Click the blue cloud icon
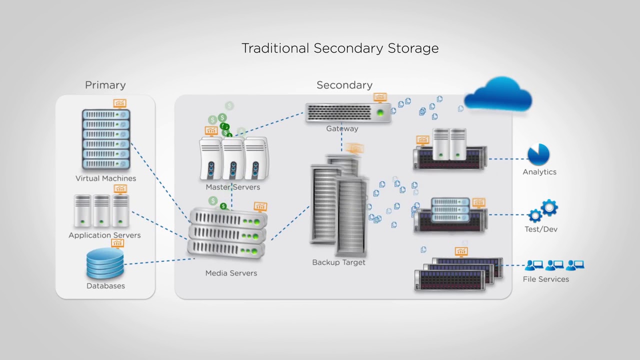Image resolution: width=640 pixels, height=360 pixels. click(498, 95)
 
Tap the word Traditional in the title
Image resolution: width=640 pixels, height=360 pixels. click(275, 48)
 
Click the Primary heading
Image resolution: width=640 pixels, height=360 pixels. click(105, 85)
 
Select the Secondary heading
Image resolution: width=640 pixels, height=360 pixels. click(344, 85)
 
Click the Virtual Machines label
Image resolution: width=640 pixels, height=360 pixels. click(105, 178)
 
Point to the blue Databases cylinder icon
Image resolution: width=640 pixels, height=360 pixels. click(105, 263)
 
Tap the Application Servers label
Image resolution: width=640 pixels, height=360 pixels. click(104, 235)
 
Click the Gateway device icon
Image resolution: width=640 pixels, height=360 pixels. click(348, 112)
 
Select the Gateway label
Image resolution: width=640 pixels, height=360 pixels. click(342, 129)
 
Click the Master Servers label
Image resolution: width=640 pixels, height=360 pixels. click(232, 187)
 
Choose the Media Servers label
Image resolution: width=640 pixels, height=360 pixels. click(231, 273)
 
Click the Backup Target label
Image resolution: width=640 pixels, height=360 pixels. click(338, 262)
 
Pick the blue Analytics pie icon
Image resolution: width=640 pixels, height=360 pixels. click(538, 155)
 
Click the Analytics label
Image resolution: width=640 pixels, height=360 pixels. click(539, 172)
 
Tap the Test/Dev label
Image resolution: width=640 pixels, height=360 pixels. click(540, 229)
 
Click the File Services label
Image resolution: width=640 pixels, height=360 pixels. click(545, 279)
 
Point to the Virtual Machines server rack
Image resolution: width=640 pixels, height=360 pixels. click(106, 139)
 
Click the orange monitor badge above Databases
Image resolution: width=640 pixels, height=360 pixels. click(117, 243)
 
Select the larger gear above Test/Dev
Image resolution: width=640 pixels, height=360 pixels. click(549, 207)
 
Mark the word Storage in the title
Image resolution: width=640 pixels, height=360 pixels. click(413, 48)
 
